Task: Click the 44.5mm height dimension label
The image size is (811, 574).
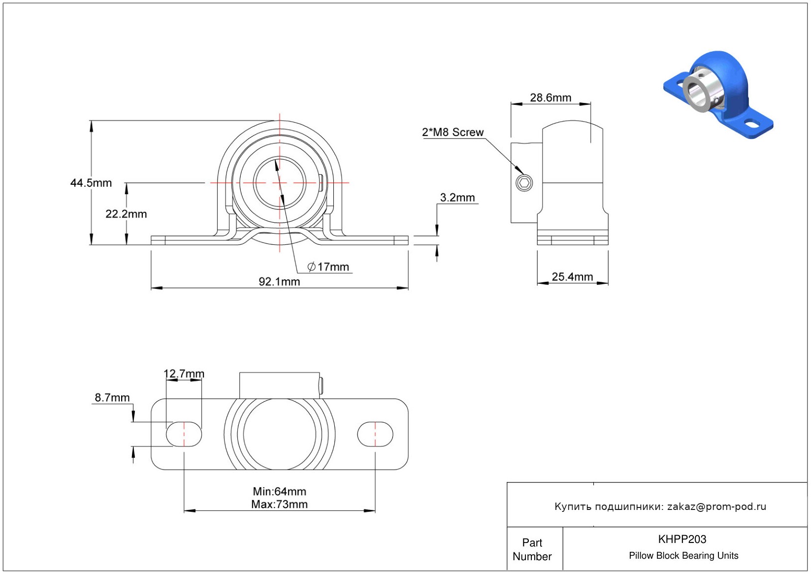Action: click(x=91, y=183)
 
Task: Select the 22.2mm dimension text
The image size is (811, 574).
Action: click(x=126, y=214)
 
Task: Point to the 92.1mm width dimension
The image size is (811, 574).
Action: click(x=279, y=281)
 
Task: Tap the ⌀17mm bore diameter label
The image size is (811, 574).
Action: click(x=328, y=267)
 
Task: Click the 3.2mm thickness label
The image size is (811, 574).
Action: click(x=457, y=198)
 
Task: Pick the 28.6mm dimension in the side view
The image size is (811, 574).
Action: click(x=551, y=98)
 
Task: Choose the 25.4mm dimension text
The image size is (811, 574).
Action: click(x=572, y=277)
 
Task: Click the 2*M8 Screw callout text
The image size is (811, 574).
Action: click(x=453, y=132)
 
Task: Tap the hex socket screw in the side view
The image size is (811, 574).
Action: click(x=524, y=183)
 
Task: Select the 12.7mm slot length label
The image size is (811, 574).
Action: click(x=184, y=374)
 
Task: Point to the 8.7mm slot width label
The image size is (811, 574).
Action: click(x=112, y=398)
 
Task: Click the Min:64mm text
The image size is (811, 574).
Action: click(x=279, y=491)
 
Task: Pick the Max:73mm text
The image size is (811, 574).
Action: click(x=279, y=504)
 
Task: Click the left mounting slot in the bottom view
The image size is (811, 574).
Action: click(x=184, y=434)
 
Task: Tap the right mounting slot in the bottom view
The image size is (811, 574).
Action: click(x=375, y=434)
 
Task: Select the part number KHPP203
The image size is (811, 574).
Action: click(x=682, y=539)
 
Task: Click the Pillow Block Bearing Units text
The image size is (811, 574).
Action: click(x=683, y=555)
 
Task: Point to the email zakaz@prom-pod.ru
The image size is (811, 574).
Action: click(x=716, y=506)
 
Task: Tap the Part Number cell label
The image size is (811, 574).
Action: click(x=532, y=549)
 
